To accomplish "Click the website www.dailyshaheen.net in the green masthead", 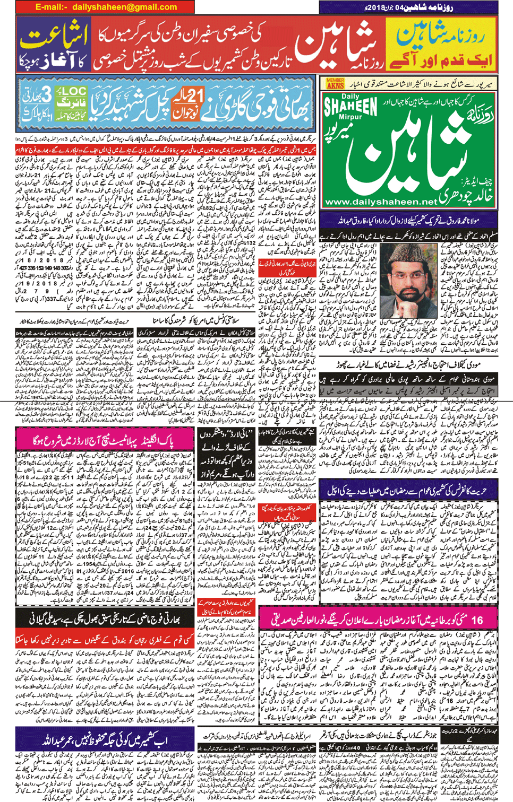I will [x=381, y=202].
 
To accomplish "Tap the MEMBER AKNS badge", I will [x=335, y=83].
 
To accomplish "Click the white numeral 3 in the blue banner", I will [x=46, y=95].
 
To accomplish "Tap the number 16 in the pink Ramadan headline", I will [x=477, y=619].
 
